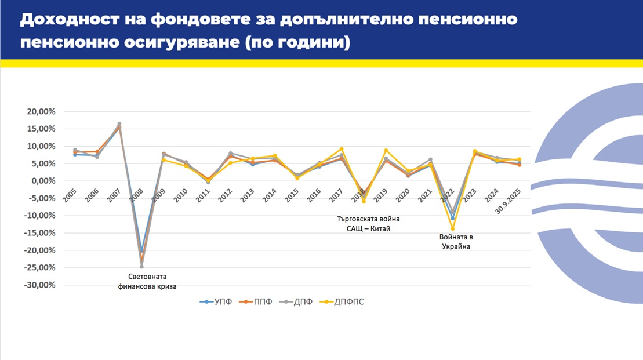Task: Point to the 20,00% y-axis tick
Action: pyautogui.click(x=39, y=111)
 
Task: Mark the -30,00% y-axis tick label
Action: pyautogui.click(x=38, y=285)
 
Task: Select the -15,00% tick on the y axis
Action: pyautogui.click(x=38, y=233)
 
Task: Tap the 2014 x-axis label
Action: pyautogui.click(x=270, y=195)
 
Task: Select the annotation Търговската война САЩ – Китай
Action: pyautogui.click(x=369, y=224)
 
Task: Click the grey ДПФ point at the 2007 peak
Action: pyautogui.click(x=119, y=124)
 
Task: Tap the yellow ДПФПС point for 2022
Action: pyautogui.click(x=453, y=228)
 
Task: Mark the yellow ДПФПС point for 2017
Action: pyautogui.click(x=342, y=149)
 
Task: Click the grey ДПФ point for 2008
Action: pyautogui.click(x=141, y=266)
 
